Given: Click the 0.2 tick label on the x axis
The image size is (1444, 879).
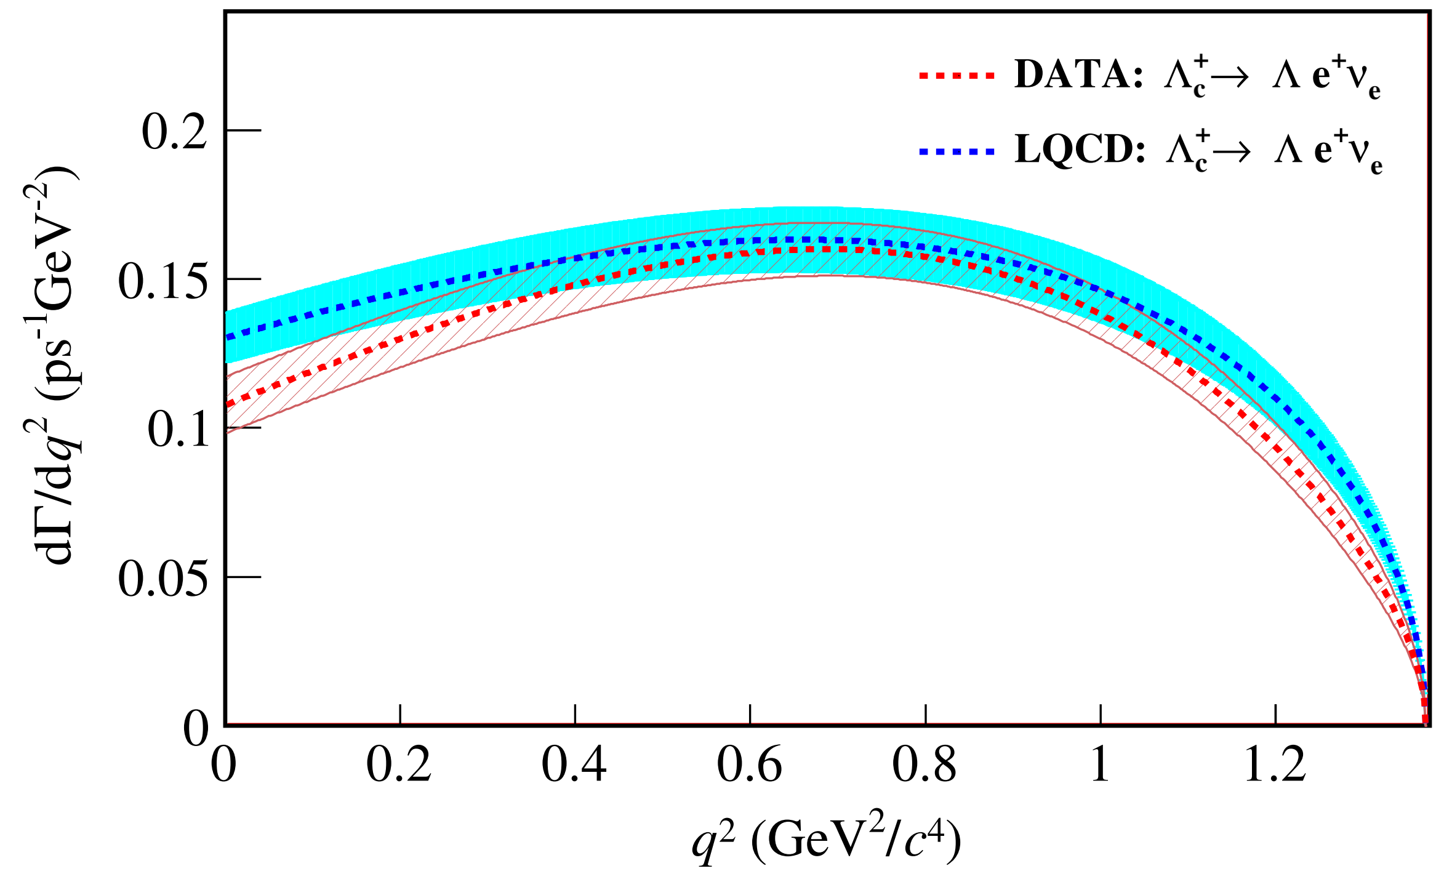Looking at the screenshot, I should pos(399,765).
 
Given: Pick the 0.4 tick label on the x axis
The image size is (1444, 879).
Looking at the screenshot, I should pos(574,765).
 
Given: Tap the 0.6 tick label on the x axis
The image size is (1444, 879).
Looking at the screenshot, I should pos(749,765).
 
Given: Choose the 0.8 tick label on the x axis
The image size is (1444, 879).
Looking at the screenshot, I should pos(925,765).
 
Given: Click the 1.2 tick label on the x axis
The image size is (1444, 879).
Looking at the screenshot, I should pos(1275,765).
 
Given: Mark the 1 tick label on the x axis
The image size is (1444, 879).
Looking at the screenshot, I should pos(1100,765).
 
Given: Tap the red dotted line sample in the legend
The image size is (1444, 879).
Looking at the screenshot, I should pos(957,76).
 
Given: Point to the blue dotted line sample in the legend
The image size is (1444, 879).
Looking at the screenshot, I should pos(957,151).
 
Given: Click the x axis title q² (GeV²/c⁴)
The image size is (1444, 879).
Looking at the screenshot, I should pos(825,841).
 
